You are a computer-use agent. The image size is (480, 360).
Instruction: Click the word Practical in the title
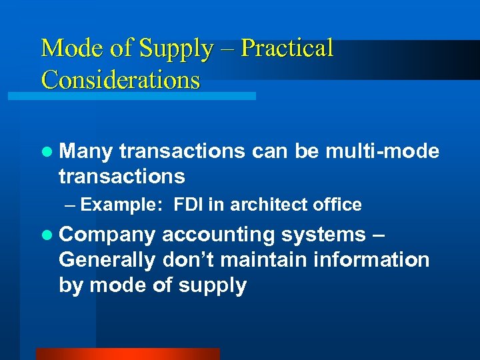click(287, 49)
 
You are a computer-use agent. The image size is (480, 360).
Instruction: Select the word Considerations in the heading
click(120, 80)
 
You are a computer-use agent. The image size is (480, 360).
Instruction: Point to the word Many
click(86, 152)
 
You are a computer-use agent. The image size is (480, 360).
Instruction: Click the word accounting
click(218, 235)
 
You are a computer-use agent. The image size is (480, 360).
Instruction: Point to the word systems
click(323, 235)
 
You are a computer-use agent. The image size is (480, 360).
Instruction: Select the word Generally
click(107, 260)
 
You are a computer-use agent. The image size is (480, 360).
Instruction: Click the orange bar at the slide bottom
click(127, 354)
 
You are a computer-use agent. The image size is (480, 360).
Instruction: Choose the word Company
click(107, 235)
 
